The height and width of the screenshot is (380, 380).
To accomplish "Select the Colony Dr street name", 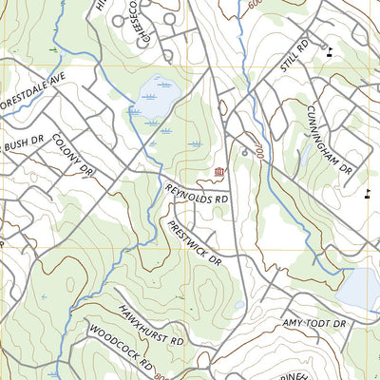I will point(74,154).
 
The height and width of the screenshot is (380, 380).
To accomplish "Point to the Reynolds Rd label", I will point(197,195).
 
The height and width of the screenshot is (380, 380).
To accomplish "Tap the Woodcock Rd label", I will point(121,351).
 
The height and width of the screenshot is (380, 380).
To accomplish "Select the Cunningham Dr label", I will point(330,138).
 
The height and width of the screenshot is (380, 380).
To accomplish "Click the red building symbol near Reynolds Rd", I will point(220,171).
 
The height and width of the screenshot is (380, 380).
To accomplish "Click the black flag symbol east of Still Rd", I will point(330,50).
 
